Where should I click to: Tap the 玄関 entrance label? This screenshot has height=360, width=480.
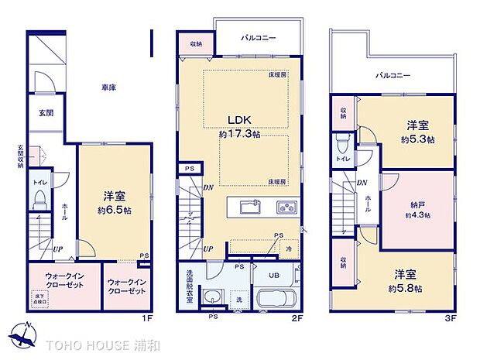(46, 112)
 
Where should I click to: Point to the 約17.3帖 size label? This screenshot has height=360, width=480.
(240, 133)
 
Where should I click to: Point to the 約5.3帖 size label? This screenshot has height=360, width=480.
(417, 139)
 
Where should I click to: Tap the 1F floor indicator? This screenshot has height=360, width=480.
(143, 317)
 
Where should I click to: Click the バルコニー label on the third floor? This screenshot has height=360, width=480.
(393, 75)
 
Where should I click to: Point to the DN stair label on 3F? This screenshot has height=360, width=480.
(361, 183)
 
